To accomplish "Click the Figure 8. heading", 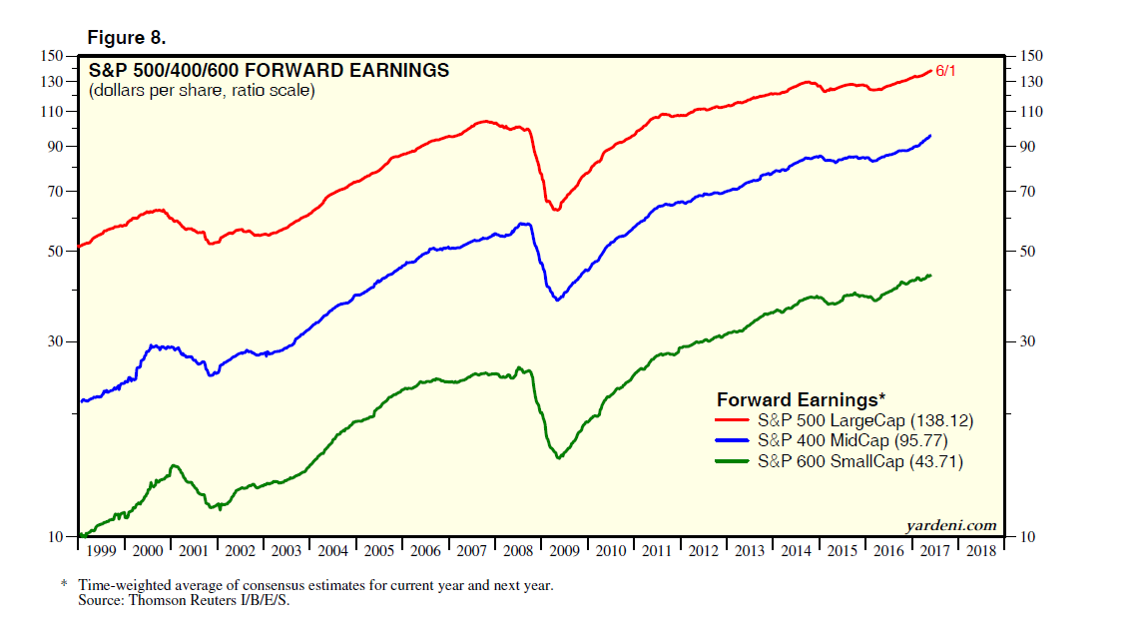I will (126, 38).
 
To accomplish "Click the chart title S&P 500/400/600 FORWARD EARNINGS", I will (269, 71).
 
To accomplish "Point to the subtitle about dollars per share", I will (202, 91).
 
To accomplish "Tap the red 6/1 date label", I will (945, 72).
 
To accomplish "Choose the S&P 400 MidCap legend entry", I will (852, 440).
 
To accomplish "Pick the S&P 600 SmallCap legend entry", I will (860, 461).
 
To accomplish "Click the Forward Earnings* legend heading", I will (801, 399).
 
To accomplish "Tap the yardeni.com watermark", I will (950, 526).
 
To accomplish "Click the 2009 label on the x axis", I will (566, 551).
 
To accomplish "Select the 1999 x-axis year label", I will (101, 551).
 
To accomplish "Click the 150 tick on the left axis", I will (54, 57).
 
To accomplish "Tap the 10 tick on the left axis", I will (58, 537).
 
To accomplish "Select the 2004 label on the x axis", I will (333, 551).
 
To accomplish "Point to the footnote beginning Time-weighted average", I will (315, 586).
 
